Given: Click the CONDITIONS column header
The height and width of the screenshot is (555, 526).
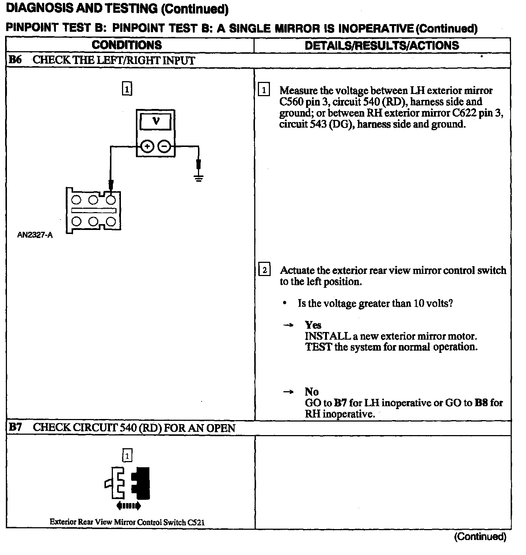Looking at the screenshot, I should point(126,45).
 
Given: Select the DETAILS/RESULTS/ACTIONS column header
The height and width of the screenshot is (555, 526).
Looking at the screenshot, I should point(382,45).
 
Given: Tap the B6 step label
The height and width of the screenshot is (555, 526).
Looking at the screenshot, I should point(15,60).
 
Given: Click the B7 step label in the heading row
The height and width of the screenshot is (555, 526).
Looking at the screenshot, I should point(15,427).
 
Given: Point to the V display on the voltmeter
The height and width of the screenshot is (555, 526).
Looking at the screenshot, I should point(156,121).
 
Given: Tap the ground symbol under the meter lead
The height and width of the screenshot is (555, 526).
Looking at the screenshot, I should point(198,178).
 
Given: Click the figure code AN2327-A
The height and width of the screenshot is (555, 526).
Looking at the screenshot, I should point(35,235).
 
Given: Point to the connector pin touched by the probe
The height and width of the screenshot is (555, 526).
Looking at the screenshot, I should point(111,200).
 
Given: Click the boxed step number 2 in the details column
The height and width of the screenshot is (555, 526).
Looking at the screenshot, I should point(264,270).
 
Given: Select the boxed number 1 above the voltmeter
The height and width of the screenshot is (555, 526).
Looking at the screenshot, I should point(126,89).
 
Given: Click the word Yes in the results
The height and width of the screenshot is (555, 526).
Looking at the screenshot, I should point(313,325).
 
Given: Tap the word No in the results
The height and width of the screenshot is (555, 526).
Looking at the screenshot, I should point(312,392).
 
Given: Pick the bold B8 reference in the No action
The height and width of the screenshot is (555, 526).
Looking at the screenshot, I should point(481,403).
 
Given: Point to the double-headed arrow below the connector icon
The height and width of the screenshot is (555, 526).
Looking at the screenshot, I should point(128,506).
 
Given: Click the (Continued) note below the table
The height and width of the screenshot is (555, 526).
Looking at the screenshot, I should point(480,536).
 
